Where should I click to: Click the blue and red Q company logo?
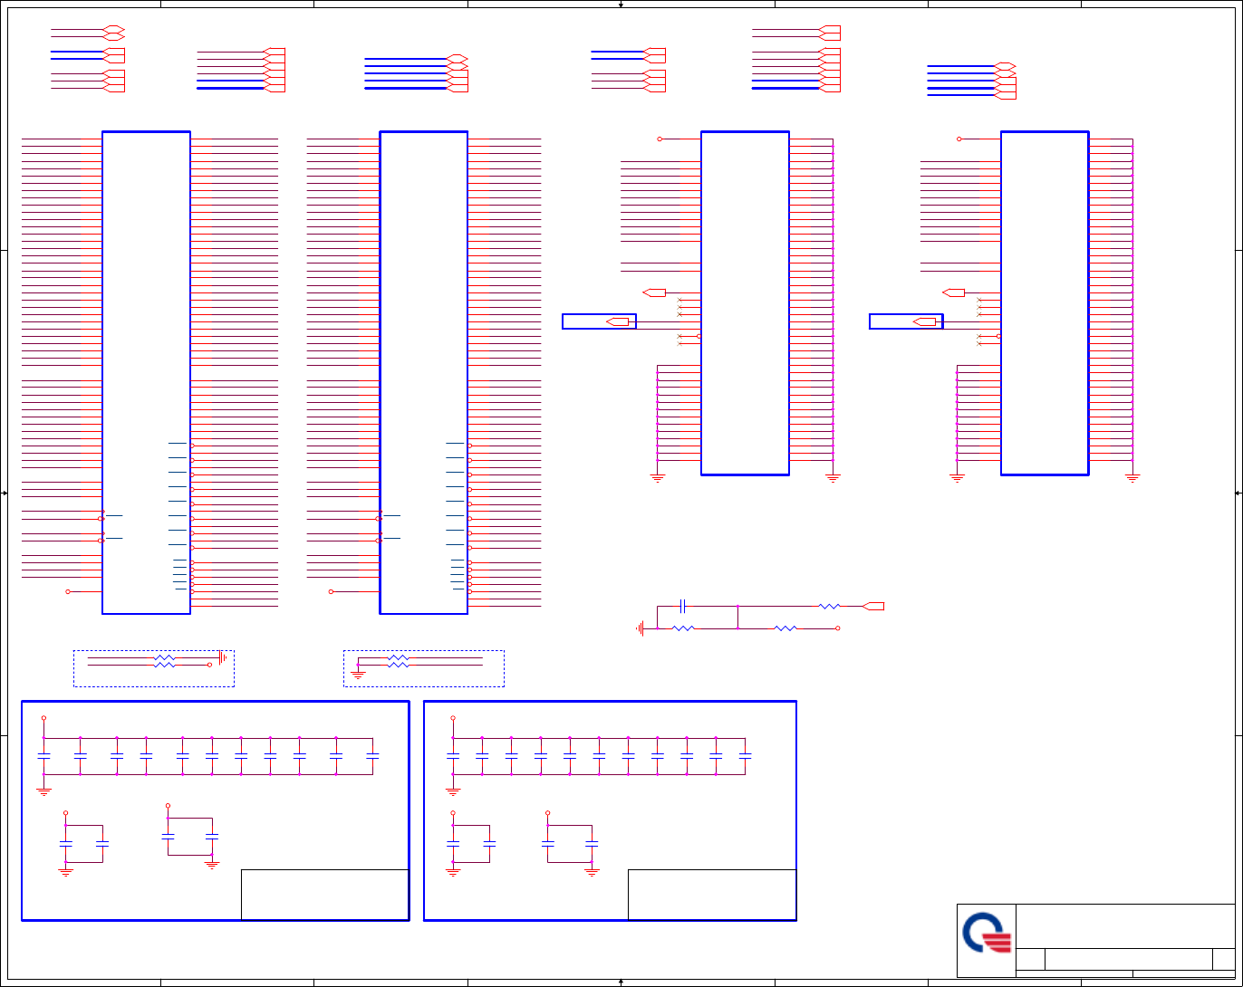pyautogui.click(x=987, y=940)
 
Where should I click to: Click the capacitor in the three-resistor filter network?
pyautogui.click(x=683, y=606)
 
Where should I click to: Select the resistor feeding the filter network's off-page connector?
pyautogui.click(x=829, y=606)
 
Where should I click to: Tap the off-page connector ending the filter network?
pyautogui.click(x=873, y=606)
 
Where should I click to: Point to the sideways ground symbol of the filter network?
pyautogui.click(x=641, y=628)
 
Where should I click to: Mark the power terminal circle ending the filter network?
pyautogui.click(x=837, y=628)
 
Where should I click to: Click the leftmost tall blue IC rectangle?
pyautogui.click(x=146, y=372)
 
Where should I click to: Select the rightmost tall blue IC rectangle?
pyautogui.click(x=1044, y=303)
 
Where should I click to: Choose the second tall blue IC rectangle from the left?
pyautogui.click(x=423, y=372)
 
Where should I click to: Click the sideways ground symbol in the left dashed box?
pyautogui.click(x=222, y=656)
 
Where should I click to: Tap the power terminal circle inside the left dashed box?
pyautogui.click(x=210, y=665)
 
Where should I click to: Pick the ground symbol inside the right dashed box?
pyautogui.click(x=358, y=673)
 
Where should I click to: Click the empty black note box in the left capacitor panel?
pyautogui.click(x=324, y=895)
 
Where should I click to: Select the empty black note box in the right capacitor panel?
pyautogui.click(x=711, y=895)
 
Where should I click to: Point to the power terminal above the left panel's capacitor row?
pyautogui.click(x=43, y=719)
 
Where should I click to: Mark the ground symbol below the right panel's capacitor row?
pyautogui.click(x=453, y=791)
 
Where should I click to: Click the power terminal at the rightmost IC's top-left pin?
pyautogui.click(x=959, y=139)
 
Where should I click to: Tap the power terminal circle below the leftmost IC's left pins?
pyautogui.click(x=68, y=591)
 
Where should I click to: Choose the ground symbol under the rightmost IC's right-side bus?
pyautogui.click(x=1132, y=476)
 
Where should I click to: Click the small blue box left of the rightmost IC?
pyautogui.click(x=905, y=321)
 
